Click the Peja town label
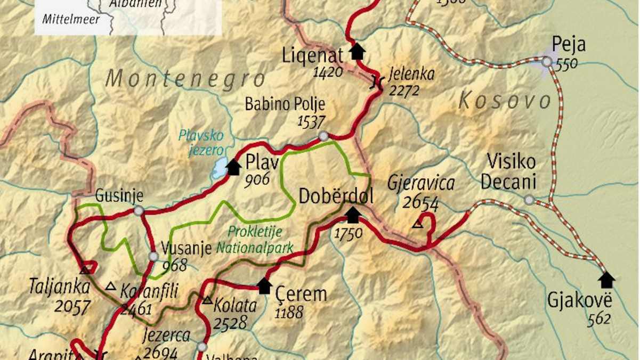pos(568,44)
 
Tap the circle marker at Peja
pos(546,62)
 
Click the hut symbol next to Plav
pos(233,167)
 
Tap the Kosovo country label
pos(505,101)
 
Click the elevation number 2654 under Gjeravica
pos(420,203)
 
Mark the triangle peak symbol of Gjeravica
pos(418,225)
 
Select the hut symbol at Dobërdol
pos(353,215)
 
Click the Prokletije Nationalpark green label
pos(255,240)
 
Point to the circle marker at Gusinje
pos(139,211)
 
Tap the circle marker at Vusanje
pos(153,257)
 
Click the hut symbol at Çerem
pos(265,286)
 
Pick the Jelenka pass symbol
pos(377,81)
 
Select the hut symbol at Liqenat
pos(357,51)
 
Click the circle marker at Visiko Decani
pos(529,200)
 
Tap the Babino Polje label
pos(285,104)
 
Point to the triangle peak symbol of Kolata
pos(207,300)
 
